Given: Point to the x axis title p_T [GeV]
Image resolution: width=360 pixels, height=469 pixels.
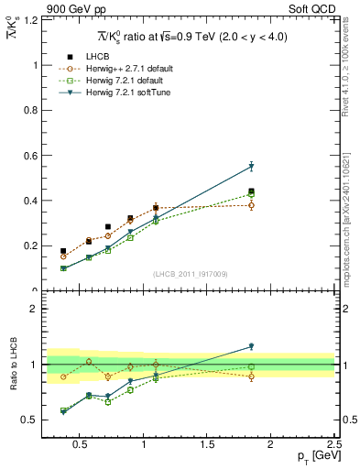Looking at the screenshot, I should coord(311,456).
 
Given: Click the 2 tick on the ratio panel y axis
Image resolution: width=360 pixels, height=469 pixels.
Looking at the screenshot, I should coord(33,309).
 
